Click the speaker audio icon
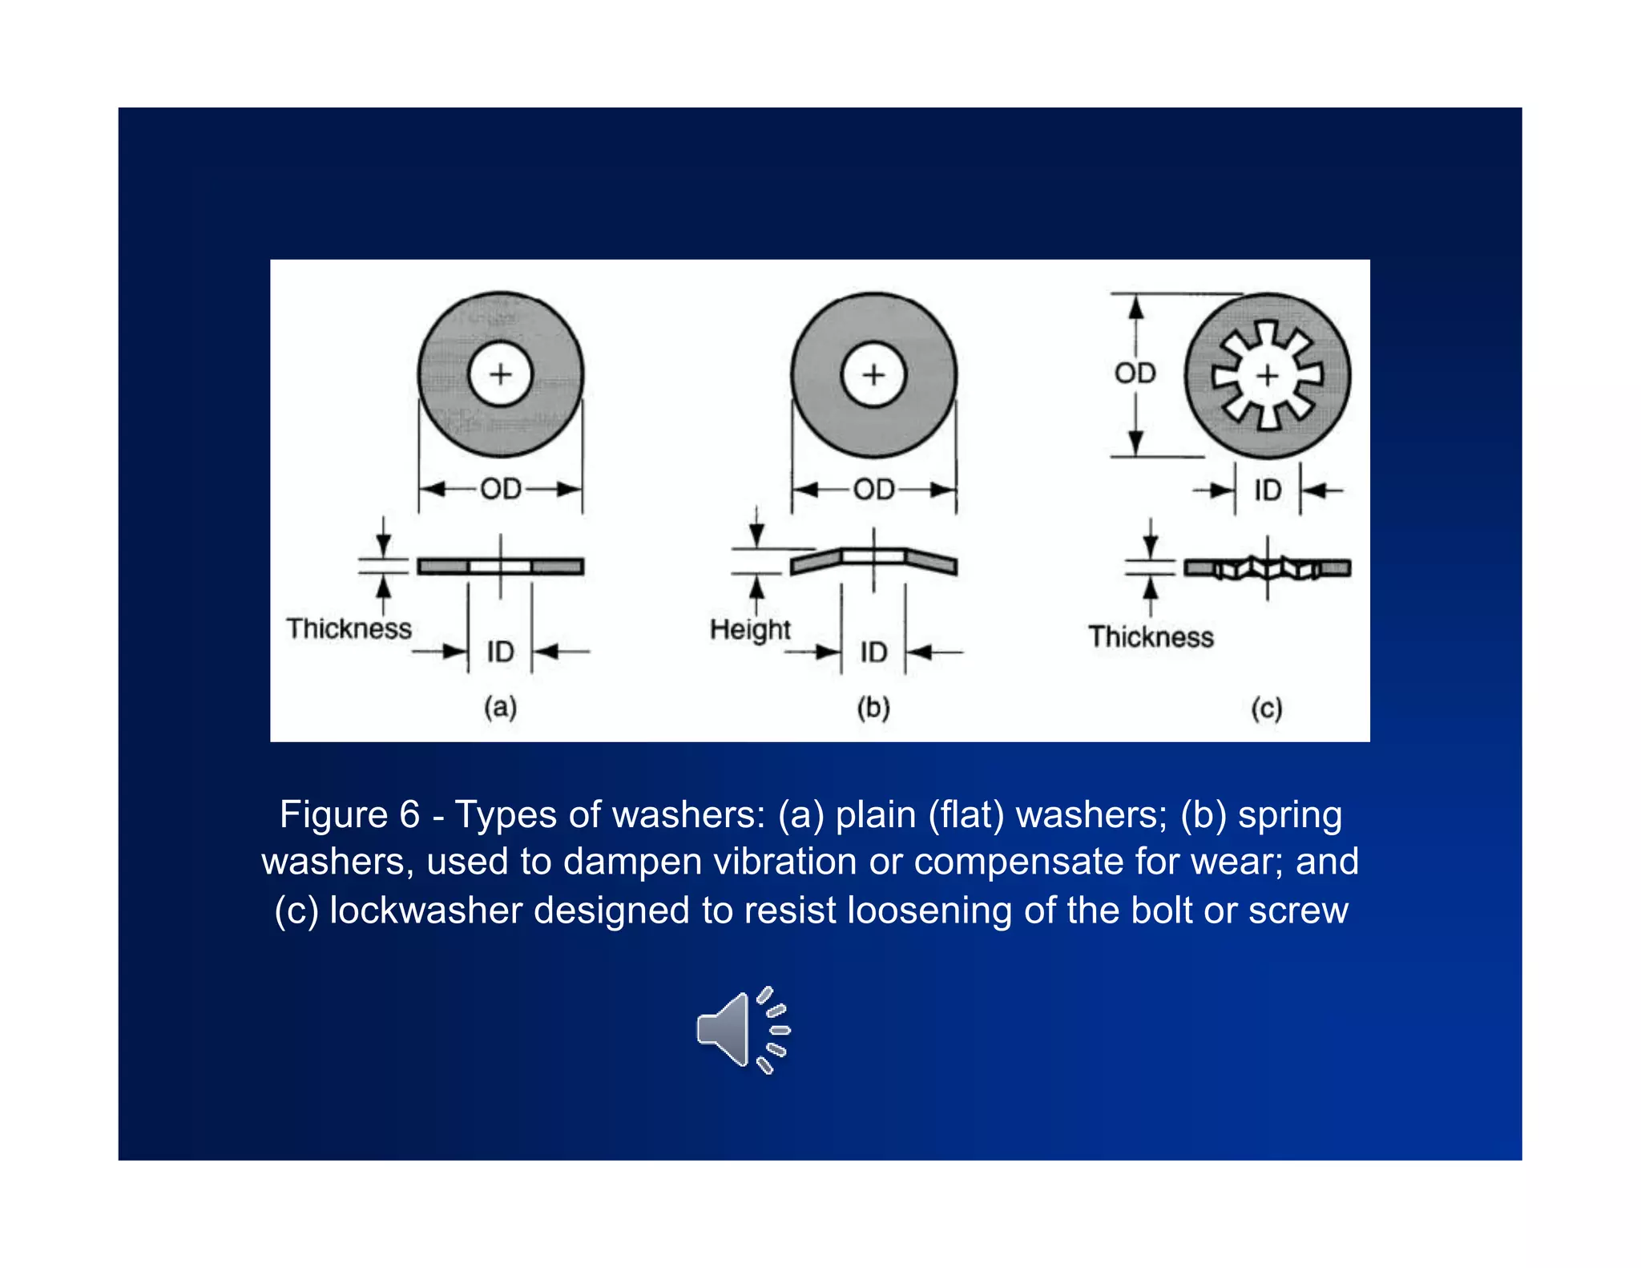742,1030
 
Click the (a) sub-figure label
500,708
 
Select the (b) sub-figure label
873,708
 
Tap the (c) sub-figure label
1267,709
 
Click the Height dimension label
750,630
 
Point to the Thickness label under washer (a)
349,628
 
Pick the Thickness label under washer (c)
1151,637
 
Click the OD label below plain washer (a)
501,489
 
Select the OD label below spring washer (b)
873,489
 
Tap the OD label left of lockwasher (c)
1135,373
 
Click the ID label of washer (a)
501,652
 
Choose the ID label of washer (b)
873,652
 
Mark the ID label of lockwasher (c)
1268,490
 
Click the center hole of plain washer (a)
501,374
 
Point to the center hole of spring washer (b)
873,374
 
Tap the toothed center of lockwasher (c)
1267,375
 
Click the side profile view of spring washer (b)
873,561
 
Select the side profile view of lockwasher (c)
1268,568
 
